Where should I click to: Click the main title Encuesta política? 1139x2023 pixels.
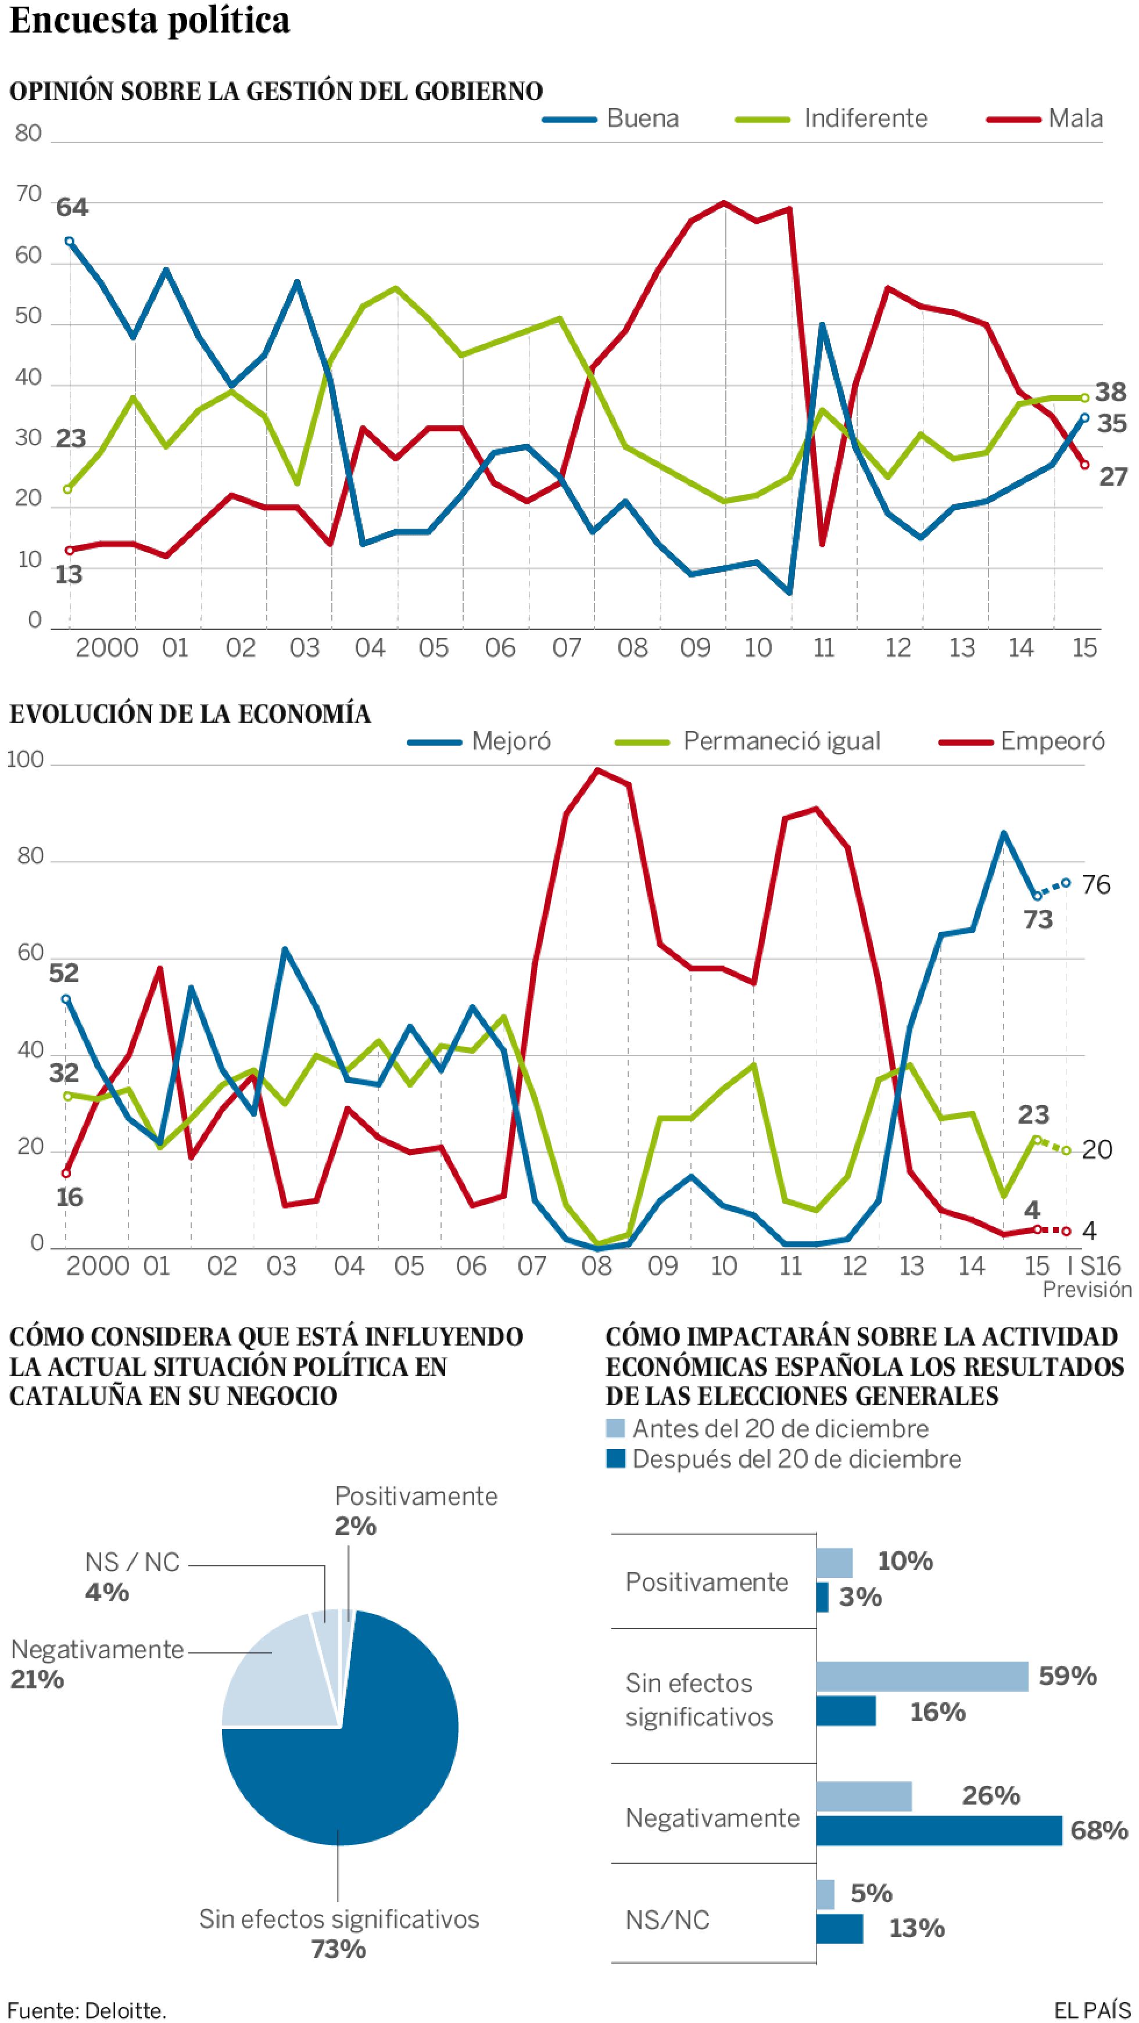(149, 21)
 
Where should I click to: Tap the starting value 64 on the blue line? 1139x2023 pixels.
(72, 208)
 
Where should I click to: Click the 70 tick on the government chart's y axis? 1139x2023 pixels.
(28, 195)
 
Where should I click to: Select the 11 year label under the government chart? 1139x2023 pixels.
(822, 648)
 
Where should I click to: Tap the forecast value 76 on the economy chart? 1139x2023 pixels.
(1096, 885)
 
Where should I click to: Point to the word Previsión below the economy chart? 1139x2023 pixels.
(1086, 1290)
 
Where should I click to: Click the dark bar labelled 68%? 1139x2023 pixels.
(939, 1831)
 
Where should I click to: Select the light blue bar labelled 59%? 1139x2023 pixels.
(922, 1677)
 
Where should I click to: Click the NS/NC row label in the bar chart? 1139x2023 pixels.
(667, 1920)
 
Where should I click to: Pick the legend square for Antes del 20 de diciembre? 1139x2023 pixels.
(616, 1429)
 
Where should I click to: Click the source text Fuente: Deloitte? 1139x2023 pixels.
(87, 2010)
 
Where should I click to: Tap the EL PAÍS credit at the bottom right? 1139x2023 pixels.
(1092, 2010)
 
